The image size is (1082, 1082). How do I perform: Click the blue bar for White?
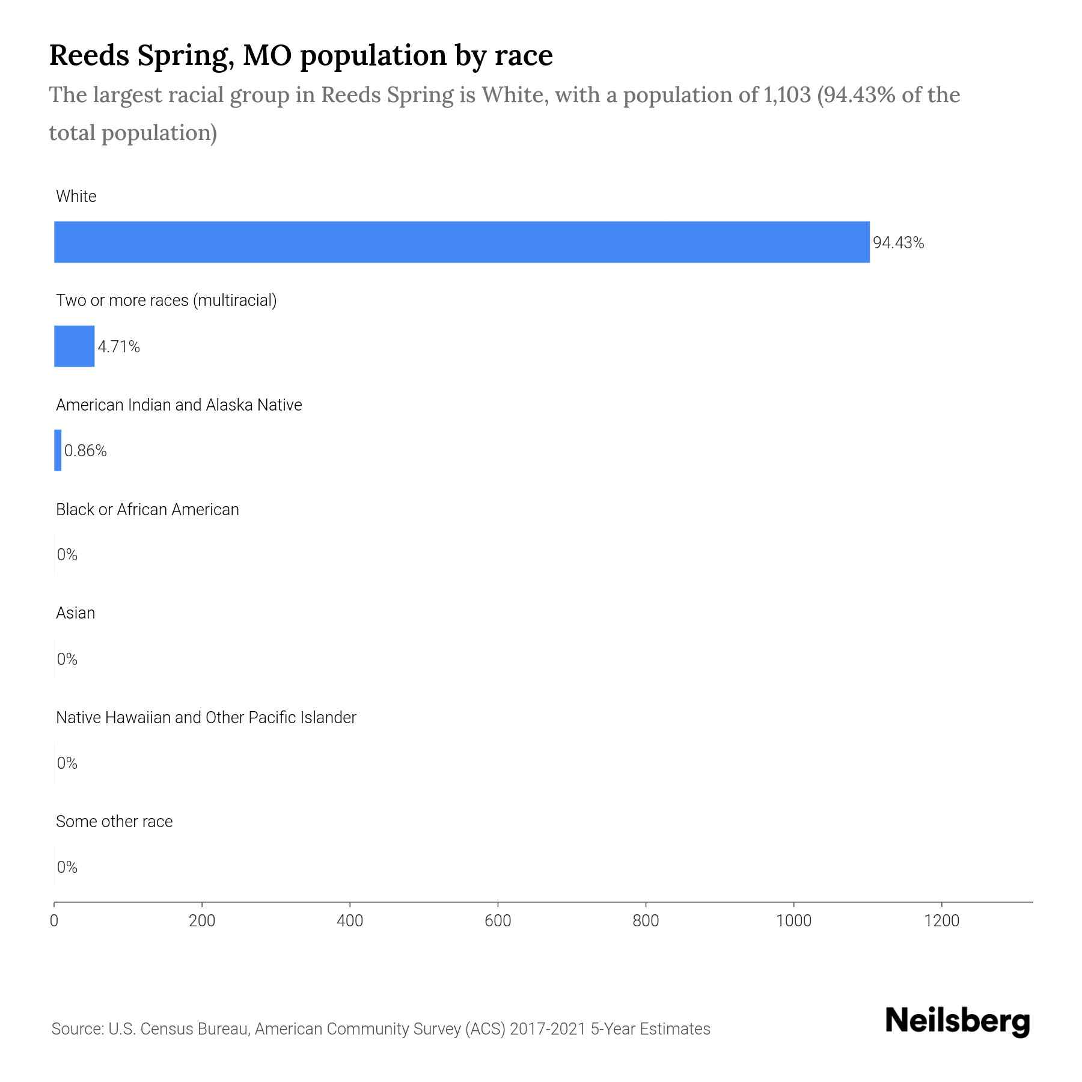click(462, 242)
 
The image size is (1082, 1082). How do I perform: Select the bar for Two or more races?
click(74, 346)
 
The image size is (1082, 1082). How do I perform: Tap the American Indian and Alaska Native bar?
click(58, 450)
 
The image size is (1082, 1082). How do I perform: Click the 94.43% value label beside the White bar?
click(898, 243)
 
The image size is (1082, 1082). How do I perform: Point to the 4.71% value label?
click(119, 347)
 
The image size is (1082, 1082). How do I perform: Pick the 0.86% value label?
click(85, 451)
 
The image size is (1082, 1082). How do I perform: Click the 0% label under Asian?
click(67, 659)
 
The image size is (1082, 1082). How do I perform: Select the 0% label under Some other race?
click(67, 867)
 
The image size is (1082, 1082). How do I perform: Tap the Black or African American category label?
click(147, 510)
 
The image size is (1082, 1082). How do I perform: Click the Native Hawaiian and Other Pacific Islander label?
click(206, 718)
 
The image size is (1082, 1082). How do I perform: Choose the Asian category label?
click(75, 613)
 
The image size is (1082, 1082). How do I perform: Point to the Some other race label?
click(114, 822)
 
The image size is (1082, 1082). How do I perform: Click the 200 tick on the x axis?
click(202, 921)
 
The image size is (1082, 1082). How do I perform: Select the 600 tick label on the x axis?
click(498, 921)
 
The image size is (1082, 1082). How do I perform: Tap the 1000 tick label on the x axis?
click(793, 921)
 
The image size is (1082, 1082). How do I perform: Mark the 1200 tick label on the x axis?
click(941, 921)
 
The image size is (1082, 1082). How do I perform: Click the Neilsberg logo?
click(958, 1022)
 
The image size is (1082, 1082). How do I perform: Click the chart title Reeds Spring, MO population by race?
click(301, 55)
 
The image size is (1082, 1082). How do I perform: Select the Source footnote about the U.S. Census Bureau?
click(381, 1029)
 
